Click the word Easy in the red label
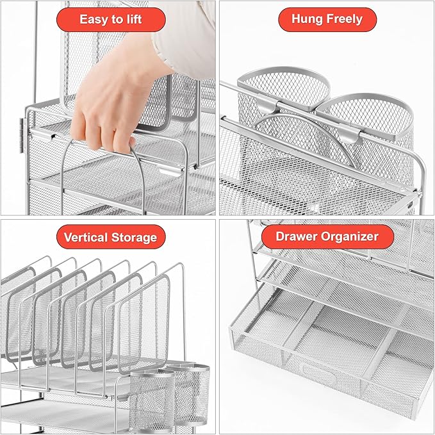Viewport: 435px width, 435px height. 94,19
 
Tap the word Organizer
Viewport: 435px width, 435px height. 349,236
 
